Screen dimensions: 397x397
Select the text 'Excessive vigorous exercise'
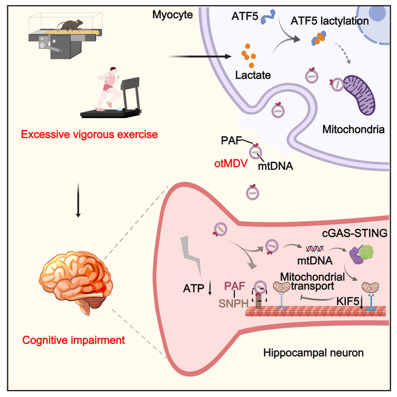coord(89,135)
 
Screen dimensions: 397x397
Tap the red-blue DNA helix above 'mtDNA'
coord(314,250)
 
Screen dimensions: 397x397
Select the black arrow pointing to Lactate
coord(201,57)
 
